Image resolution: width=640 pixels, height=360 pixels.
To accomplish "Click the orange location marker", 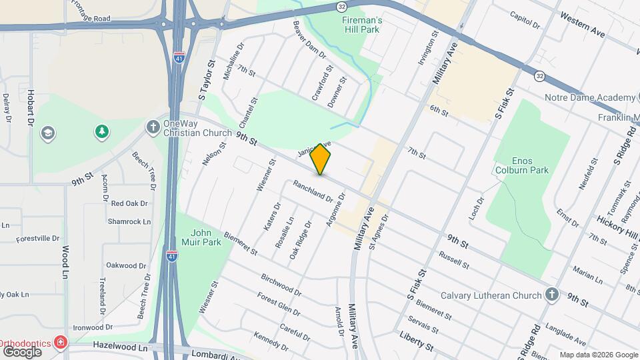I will tap(321, 159).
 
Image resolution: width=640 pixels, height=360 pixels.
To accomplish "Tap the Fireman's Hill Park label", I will tap(362, 25).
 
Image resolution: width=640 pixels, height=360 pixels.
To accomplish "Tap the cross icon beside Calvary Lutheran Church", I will tap(551, 294).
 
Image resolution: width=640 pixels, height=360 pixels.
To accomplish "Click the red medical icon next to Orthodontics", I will tap(61, 343).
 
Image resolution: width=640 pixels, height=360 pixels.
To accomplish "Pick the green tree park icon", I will tap(101, 132).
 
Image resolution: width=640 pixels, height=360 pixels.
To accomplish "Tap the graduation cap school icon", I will tap(47, 133).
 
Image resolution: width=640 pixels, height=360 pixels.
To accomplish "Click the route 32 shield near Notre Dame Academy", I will tap(539, 77).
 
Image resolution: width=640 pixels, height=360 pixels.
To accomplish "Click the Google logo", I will tap(22, 351).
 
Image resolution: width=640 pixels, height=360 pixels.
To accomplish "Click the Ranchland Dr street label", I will tap(313, 193).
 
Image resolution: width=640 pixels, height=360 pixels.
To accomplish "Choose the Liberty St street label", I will tap(416, 343).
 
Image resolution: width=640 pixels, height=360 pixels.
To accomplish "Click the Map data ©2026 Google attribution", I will tap(599, 355).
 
